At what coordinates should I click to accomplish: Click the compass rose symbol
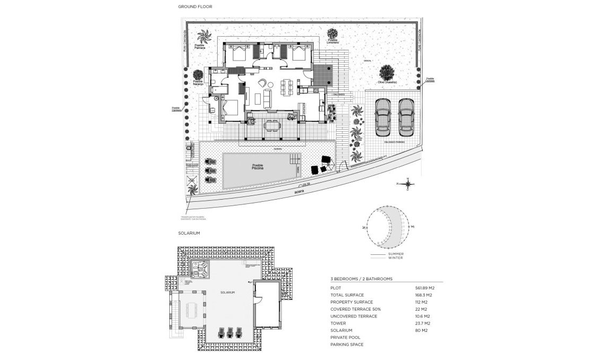(x=407, y=184)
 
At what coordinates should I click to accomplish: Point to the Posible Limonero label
(x=332, y=41)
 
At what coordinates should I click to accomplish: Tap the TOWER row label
(x=338, y=323)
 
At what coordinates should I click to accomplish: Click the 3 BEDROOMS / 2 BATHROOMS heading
(x=361, y=278)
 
